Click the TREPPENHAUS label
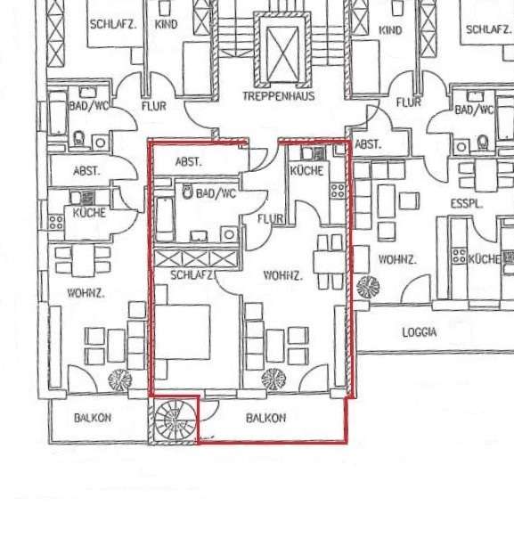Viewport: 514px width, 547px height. point(279,96)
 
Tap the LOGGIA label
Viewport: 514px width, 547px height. point(420,332)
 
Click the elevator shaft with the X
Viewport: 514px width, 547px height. point(282,54)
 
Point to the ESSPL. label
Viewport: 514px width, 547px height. point(466,204)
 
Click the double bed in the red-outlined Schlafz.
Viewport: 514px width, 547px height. point(182,332)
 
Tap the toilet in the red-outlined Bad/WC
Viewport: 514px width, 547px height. point(188,192)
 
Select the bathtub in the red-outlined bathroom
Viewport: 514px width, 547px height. point(164,219)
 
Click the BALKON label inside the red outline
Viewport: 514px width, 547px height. point(265,418)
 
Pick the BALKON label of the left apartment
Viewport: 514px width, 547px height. point(93,418)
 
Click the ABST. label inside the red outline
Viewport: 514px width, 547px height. point(188,161)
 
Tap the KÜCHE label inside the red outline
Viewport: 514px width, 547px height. point(306,170)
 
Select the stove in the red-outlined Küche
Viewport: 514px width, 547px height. point(338,191)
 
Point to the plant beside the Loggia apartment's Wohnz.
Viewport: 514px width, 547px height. point(368,287)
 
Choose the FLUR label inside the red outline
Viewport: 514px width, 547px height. point(271,219)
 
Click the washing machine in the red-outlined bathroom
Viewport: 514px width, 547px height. point(229,234)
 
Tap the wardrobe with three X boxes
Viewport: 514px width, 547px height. point(196,258)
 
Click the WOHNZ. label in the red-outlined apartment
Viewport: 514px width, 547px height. point(282,275)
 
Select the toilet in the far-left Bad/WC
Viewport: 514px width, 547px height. point(79,138)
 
